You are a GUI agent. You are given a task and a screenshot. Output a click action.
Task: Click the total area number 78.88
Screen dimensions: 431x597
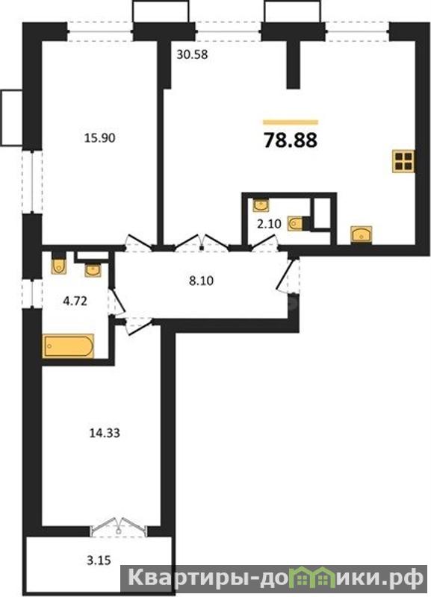(291, 140)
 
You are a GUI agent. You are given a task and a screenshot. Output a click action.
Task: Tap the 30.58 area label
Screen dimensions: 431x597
(192, 54)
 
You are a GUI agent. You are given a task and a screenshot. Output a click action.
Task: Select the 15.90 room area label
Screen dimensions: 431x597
(99, 138)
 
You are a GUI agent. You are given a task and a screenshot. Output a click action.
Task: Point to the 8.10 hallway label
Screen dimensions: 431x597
(202, 281)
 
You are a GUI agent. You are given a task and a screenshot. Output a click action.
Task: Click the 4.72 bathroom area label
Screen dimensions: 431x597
(75, 301)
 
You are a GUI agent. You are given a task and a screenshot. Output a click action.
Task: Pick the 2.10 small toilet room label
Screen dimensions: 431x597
(269, 224)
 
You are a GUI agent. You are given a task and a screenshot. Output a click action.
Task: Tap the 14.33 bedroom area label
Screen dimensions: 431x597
(105, 433)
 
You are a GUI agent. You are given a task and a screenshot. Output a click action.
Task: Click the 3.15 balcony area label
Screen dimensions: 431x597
(99, 560)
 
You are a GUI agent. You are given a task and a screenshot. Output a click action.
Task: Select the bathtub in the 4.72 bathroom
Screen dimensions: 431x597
(68, 346)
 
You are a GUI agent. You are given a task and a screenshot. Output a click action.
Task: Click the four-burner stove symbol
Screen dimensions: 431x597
(403, 161)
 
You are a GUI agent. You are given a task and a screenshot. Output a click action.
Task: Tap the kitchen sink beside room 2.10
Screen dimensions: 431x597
(362, 234)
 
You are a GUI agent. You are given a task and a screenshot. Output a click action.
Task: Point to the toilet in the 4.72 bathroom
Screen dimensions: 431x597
(59, 263)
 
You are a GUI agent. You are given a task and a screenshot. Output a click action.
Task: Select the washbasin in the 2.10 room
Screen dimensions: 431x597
(261, 205)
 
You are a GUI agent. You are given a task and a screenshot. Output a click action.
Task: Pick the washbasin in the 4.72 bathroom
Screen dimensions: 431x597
(93, 269)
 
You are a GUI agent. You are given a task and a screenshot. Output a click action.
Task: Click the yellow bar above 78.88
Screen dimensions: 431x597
(291, 122)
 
